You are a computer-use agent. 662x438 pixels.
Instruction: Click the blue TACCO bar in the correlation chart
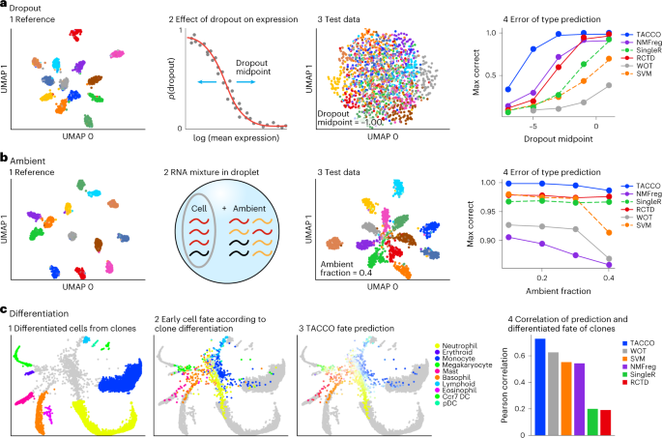coord(513,387)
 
